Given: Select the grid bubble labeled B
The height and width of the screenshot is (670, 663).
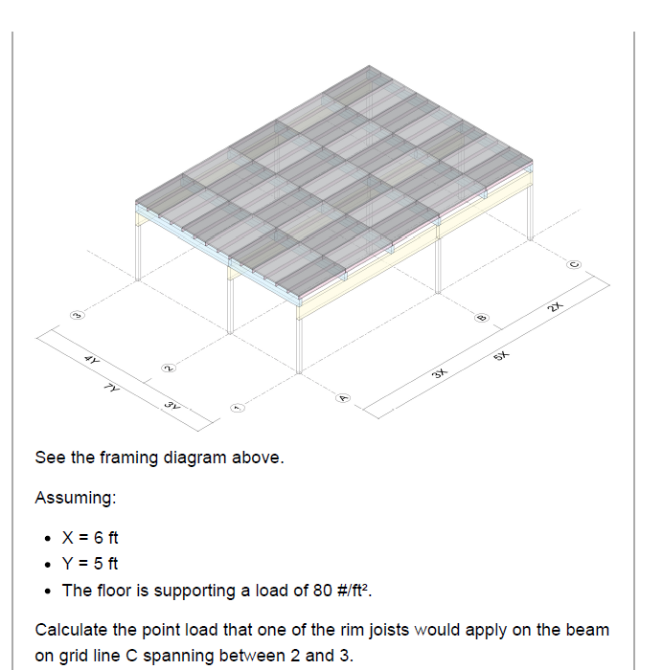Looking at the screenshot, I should [481, 317].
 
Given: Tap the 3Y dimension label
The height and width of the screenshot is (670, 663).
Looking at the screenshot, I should [171, 406].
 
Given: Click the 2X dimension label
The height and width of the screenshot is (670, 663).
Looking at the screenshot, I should [555, 306].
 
